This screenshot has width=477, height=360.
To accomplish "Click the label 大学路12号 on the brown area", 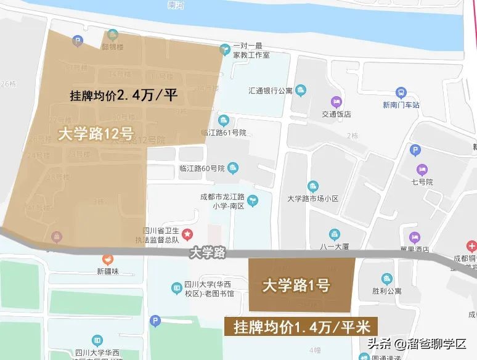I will [96, 134].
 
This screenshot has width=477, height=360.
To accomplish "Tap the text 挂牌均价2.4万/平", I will [124, 96].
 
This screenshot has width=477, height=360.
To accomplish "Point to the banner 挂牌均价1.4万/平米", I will [301, 327].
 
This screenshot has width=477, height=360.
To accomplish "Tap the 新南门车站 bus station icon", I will [401, 92].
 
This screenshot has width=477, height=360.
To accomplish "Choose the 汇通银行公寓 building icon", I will [301, 91].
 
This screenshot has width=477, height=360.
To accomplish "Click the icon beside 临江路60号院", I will [233, 167].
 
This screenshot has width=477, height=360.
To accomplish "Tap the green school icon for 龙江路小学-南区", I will [252, 200].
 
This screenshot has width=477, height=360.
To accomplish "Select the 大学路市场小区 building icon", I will [313, 186].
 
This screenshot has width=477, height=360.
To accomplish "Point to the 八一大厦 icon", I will [335, 234].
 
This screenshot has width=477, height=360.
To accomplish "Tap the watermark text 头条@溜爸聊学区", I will [417, 344].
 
